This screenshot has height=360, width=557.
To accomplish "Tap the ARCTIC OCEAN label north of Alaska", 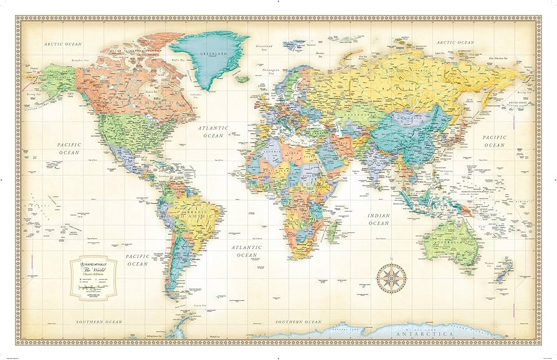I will click(63, 44).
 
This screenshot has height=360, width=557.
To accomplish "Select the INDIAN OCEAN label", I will click(378, 219).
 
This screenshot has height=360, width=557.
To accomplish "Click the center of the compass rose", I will click(391, 278).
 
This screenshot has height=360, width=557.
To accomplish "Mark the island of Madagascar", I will click(333, 232).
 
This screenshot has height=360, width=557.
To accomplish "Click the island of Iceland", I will click(242, 79).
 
